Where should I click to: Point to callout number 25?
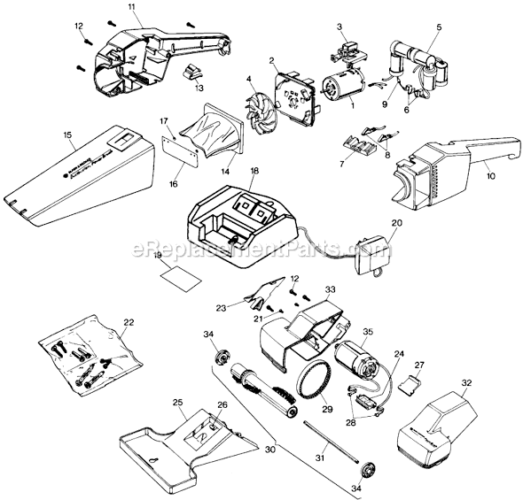(x=177, y=402)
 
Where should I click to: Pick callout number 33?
(x=330, y=289)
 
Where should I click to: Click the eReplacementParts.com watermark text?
(x=261, y=249)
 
